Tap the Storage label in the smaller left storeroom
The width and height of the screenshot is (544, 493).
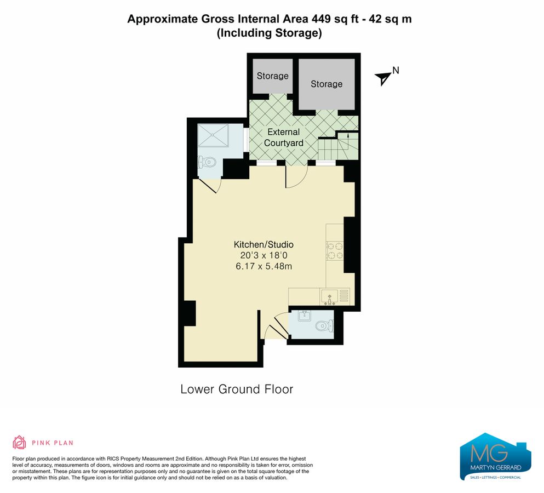click(272, 76)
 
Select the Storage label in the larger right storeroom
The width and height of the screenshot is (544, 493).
click(327, 84)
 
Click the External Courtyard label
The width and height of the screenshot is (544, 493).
click(283, 137)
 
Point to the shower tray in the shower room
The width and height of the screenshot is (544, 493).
click(214, 135)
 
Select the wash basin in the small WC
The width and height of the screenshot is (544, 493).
click(303, 316)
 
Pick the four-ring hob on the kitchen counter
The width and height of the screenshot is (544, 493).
click(335, 250)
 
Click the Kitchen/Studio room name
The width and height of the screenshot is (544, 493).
click(264, 244)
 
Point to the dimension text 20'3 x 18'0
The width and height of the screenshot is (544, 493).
click(264, 255)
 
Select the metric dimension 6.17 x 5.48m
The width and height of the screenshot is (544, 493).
click(264, 266)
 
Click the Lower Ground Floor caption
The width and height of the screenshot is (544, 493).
click(237, 389)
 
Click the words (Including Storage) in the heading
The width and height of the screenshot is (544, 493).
click(269, 33)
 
